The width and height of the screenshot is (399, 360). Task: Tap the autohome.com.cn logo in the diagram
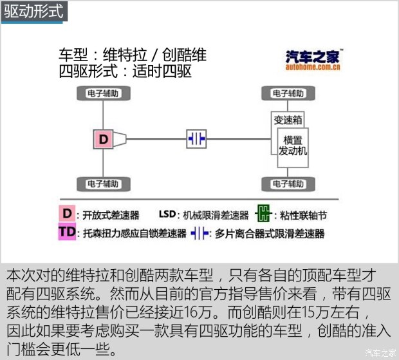[314, 59]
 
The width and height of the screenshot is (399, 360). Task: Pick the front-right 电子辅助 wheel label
[288, 94]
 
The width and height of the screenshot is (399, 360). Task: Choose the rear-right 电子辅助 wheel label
[288, 184]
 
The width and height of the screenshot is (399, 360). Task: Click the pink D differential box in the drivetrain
[104, 138]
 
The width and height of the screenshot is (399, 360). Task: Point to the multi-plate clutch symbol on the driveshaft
[196, 138]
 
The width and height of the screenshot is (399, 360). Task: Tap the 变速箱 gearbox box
[288, 120]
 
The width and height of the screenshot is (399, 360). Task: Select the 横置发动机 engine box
[293, 146]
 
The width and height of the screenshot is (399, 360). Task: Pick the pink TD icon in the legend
[67, 232]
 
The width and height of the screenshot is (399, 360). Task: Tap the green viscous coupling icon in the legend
[263, 214]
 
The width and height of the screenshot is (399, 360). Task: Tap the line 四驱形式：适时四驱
[125, 71]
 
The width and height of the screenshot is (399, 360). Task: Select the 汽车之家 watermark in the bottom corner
[380, 352]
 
